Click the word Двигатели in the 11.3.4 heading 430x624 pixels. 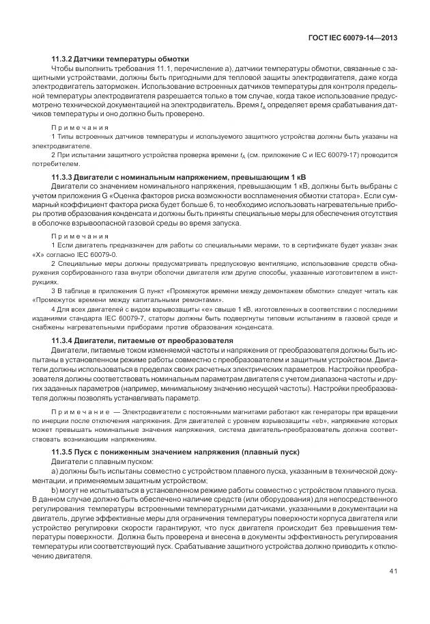[x=100, y=340]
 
